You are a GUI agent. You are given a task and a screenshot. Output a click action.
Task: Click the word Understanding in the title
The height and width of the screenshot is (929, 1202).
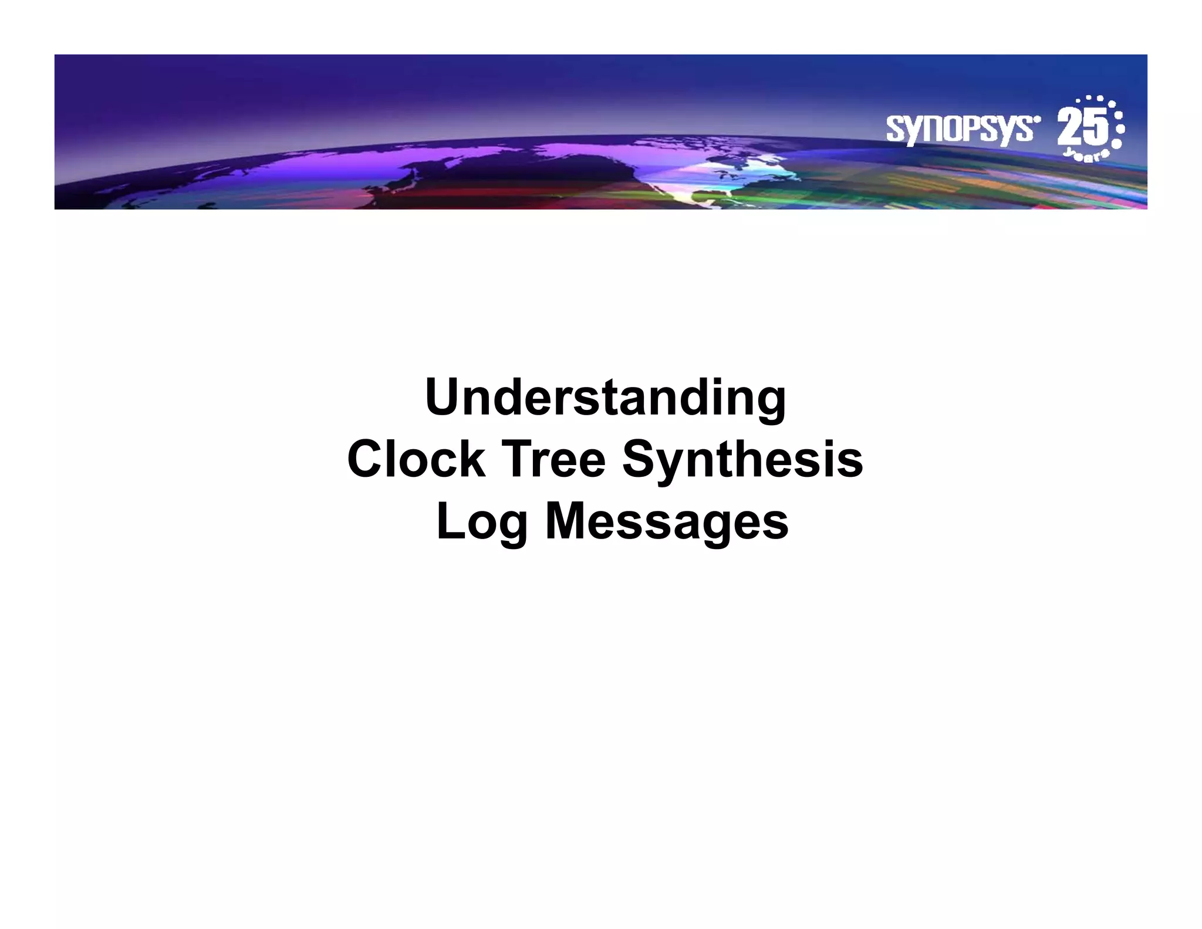click(x=605, y=398)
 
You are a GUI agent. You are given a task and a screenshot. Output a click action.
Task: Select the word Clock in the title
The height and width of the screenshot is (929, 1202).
click(x=416, y=459)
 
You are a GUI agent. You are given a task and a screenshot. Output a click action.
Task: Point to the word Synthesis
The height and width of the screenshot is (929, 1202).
click(x=742, y=459)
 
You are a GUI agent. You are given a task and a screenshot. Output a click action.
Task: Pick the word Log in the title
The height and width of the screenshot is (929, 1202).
click(x=482, y=521)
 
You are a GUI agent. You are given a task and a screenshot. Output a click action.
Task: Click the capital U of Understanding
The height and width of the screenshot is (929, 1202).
click(x=444, y=398)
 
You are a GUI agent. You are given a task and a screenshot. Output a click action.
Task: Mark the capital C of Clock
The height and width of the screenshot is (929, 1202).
click(x=365, y=459)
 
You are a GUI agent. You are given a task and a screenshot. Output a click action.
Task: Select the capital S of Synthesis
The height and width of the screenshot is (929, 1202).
click(x=639, y=459)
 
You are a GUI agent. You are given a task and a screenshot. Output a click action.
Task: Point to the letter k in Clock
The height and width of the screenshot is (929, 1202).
click(x=473, y=459)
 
